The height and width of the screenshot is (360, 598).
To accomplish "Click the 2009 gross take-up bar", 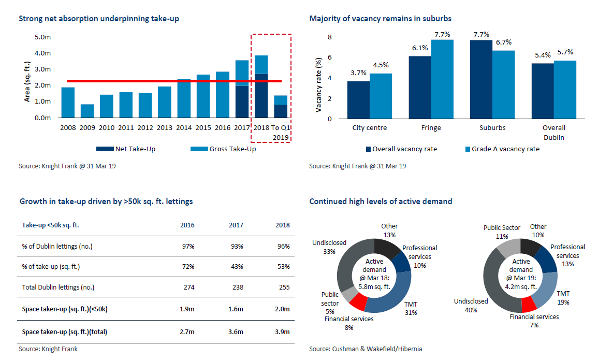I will click(87, 111).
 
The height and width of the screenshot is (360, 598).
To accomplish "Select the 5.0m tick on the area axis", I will click(42, 37).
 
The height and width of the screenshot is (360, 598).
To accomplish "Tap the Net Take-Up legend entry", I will click(126, 149).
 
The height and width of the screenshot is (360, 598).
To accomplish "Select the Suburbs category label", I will click(492, 127).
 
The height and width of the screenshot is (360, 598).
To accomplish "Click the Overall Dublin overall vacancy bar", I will click(543, 91).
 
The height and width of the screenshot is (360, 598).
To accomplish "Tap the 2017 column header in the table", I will click(236, 225).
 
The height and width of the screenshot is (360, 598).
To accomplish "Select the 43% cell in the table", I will click(236, 266).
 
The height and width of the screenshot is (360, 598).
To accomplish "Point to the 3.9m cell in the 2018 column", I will click(283, 332).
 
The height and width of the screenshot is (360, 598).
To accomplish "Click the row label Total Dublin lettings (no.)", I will click(58, 287).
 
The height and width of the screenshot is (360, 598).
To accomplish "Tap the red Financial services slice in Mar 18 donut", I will click(358, 302).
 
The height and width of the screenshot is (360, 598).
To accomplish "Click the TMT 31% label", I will click(411, 309).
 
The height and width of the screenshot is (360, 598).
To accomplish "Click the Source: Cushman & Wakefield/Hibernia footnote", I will click(366, 349).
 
